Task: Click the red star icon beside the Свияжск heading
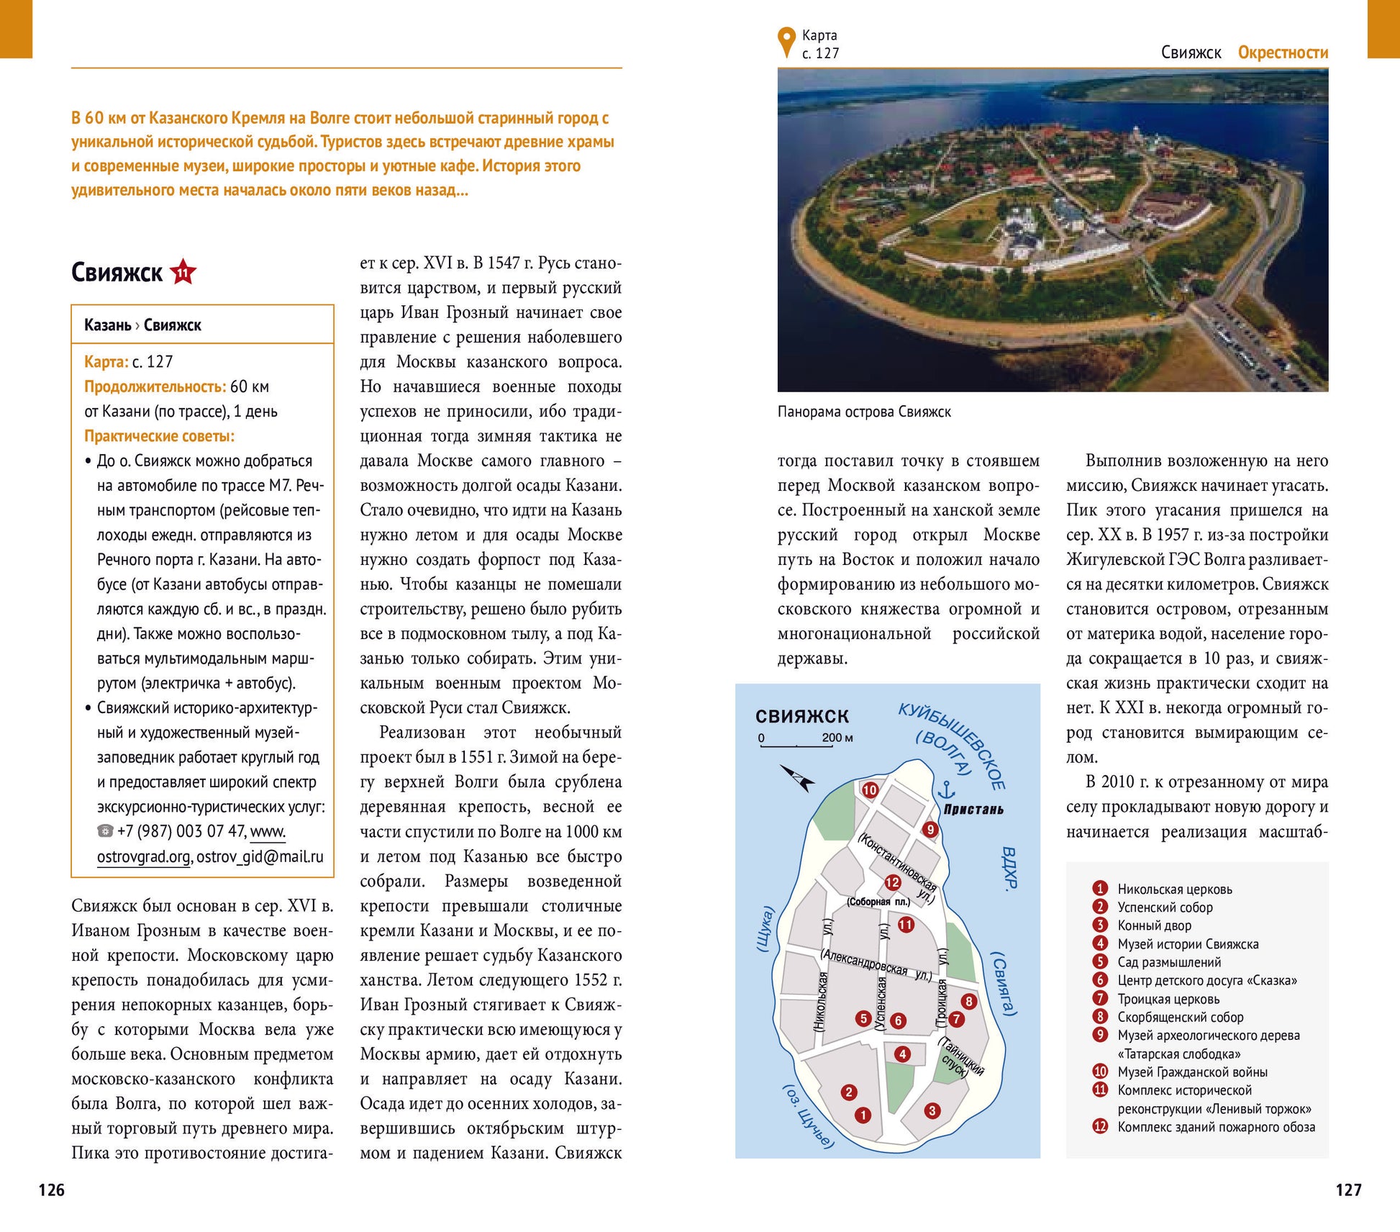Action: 183,272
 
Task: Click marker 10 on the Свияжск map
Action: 870,790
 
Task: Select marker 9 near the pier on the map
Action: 930,830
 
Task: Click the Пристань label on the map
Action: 973,810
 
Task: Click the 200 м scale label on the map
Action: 837,738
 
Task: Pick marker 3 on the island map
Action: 932,1110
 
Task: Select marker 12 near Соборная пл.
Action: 893,882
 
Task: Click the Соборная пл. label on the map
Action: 878,902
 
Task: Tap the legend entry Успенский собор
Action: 1164,907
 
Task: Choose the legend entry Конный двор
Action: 1154,925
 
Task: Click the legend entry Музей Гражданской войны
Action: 1192,1072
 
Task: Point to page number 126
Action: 52,1190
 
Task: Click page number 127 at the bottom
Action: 1348,1190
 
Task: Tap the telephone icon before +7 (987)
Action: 105,831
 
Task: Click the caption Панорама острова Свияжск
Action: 864,412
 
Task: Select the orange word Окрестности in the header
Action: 1283,53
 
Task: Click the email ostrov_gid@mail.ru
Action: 260,856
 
